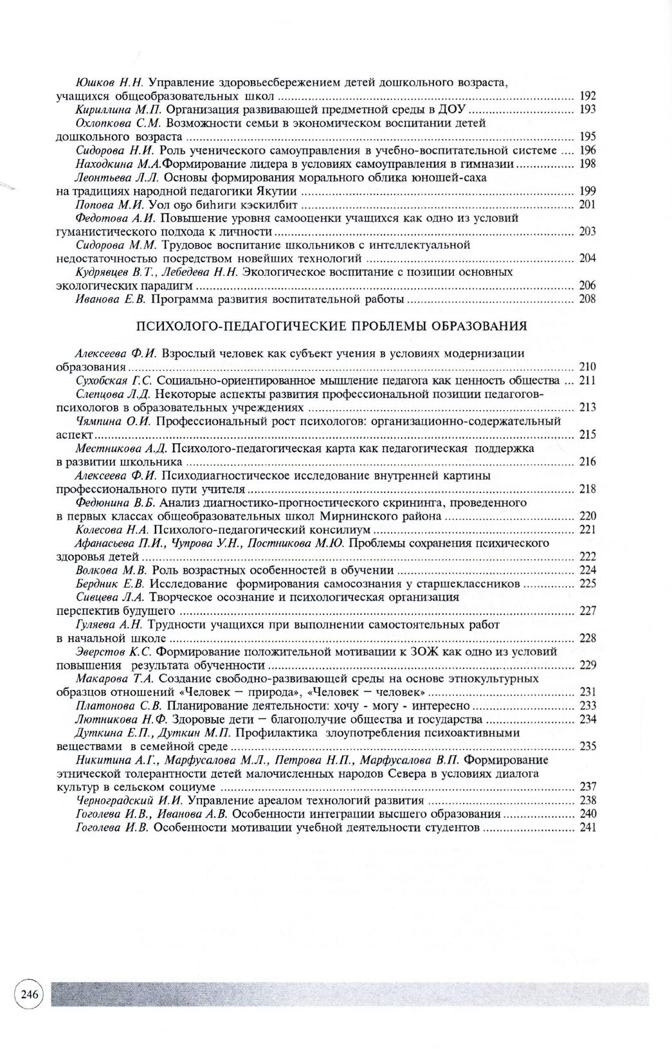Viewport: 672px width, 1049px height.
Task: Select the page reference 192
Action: [588, 96]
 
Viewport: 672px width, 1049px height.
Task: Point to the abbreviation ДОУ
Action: [453, 110]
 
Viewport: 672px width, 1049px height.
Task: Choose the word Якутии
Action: [278, 191]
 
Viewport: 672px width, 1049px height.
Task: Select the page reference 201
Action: [588, 205]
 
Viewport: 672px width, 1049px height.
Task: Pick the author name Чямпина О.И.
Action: [113, 421]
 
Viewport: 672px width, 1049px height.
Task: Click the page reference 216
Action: [588, 462]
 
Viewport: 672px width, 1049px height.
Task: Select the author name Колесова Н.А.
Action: [112, 529]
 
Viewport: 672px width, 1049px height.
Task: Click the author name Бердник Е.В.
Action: [112, 584]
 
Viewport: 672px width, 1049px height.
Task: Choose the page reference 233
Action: [588, 706]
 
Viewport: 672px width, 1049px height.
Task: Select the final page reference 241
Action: [588, 828]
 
